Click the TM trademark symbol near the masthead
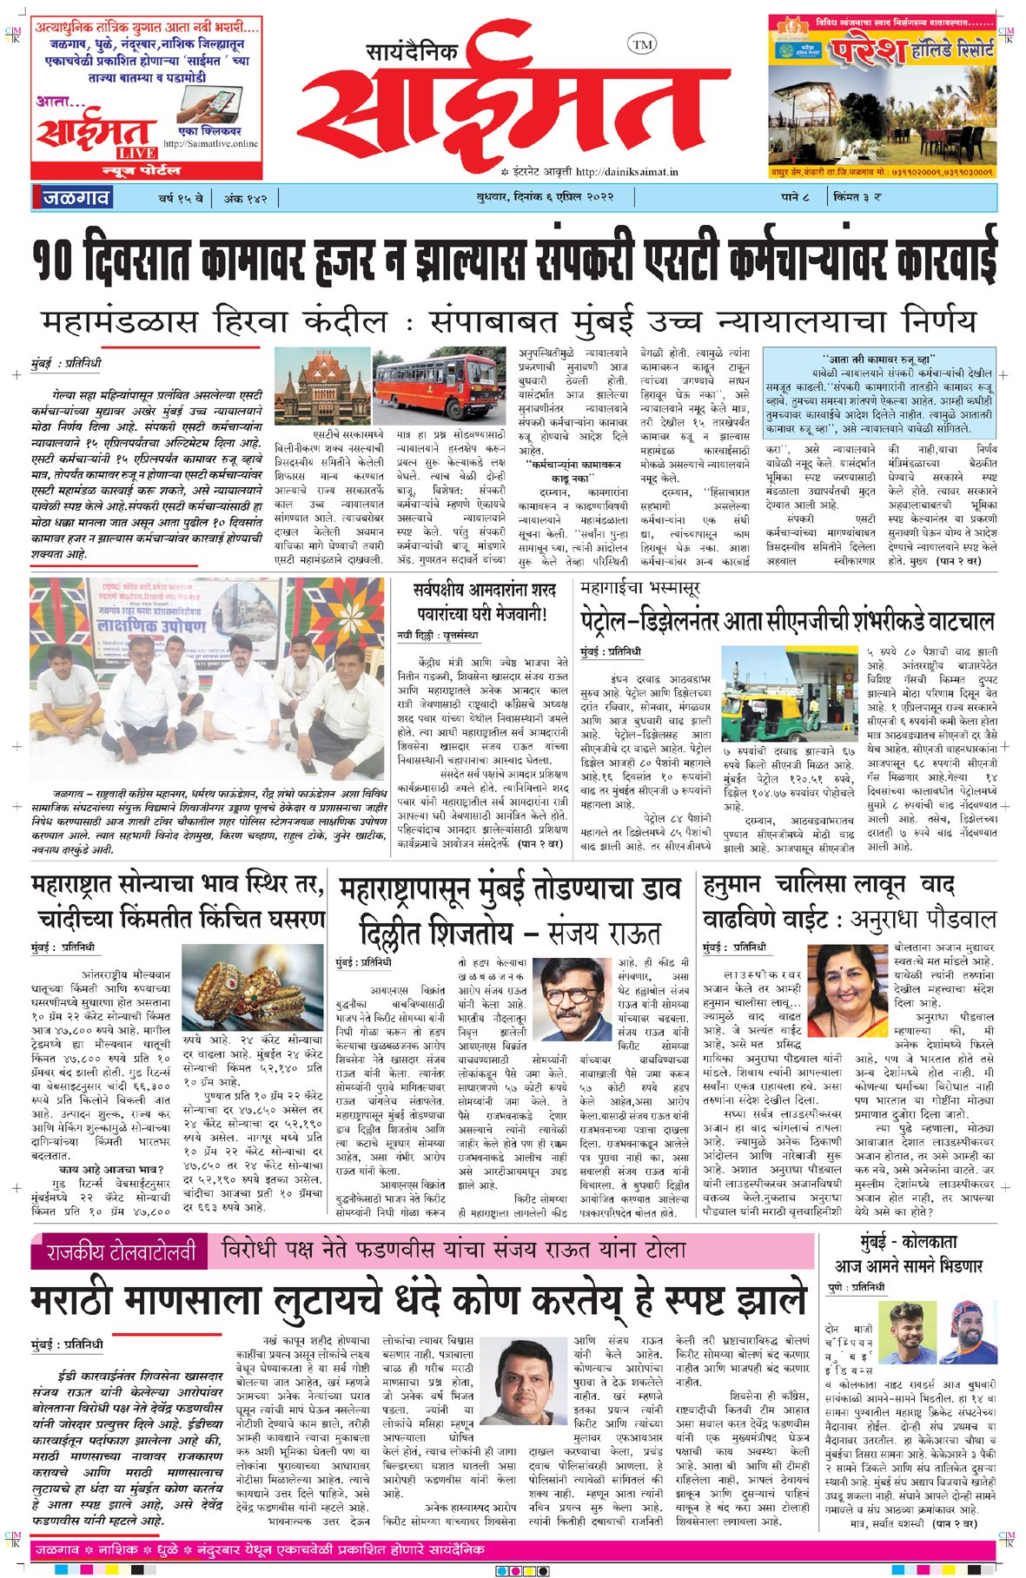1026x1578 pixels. (x=641, y=44)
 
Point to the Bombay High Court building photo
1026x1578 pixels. (x=321, y=387)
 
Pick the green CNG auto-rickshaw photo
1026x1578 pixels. (x=791, y=694)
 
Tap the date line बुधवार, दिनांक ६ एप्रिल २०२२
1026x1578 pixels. (x=545, y=198)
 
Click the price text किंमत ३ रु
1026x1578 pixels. (x=857, y=198)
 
